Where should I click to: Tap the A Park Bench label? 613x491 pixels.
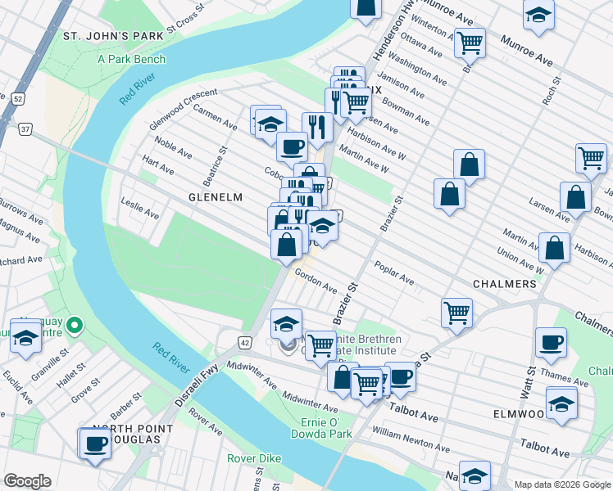tap(131, 59)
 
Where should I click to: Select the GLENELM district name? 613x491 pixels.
tap(216, 197)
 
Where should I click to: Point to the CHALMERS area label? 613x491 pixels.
tap(504, 284)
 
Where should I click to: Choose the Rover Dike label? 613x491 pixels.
tap(254, 458)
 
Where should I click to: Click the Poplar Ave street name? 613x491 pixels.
tap(394, 273)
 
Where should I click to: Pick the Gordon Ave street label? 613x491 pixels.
tap(316, 282)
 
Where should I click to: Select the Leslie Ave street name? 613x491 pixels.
tap(139, 208)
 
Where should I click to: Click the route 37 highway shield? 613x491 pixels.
tap(26, 129)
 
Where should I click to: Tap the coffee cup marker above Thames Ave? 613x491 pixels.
tap(551, 342)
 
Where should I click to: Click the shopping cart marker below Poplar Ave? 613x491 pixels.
tap(456, 311)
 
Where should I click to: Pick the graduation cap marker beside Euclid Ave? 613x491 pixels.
tap(26, 338)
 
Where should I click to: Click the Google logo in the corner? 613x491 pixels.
tap(27, 481)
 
